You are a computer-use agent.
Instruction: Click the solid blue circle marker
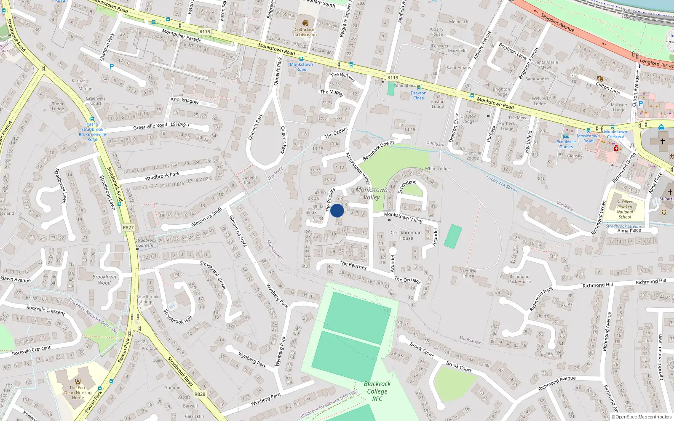[337, 210]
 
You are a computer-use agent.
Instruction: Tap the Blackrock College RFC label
[377, 391]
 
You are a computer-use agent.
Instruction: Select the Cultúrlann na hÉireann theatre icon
[305, 23]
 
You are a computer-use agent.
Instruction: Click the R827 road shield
[128, 227]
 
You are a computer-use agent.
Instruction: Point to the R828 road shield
[200, 394]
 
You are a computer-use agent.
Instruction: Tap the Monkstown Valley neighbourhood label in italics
[372, 193]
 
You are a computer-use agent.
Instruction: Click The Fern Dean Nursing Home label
[78, 392]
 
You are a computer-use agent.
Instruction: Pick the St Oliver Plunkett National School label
[625, 209]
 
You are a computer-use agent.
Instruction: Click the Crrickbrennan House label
[406, 235]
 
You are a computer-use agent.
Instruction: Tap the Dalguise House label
[468, 274]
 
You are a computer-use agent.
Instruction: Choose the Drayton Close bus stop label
[418, 96]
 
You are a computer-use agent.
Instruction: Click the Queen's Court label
[249, 180]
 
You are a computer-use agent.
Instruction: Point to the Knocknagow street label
[185, 101]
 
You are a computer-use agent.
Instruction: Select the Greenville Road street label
[150, 126]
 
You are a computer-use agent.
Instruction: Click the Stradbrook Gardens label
[146, 242]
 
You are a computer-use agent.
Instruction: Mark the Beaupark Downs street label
[378, 150]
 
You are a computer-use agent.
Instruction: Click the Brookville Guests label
[566, 144]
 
